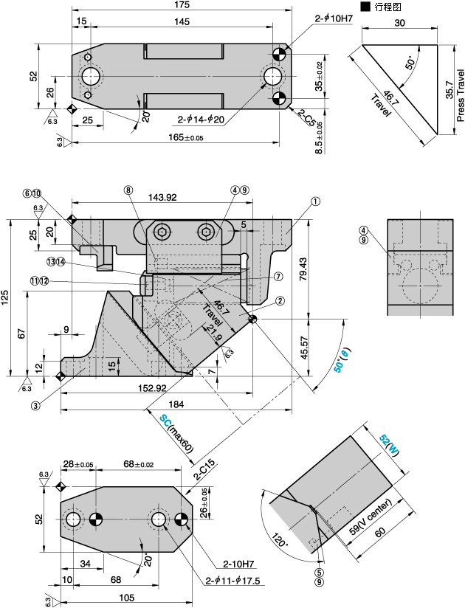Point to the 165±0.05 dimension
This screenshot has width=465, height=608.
175,137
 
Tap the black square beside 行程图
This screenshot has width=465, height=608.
365,6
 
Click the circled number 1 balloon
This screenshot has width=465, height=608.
315,201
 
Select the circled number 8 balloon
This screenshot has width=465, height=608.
128,190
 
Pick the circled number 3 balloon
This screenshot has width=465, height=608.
35,405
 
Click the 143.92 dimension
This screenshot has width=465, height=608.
162,197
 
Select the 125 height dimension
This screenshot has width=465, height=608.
6,297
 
